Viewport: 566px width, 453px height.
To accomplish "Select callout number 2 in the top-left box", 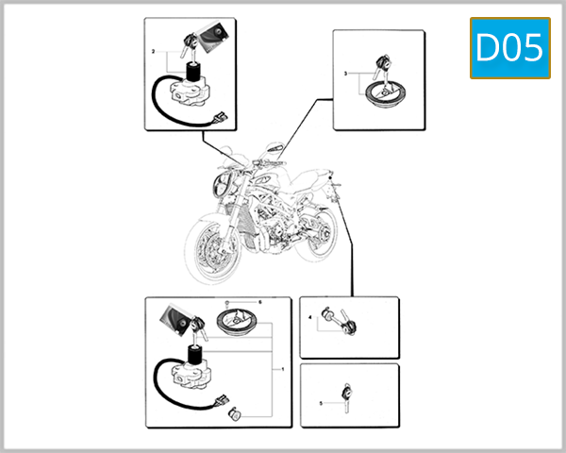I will (x=153, y=50).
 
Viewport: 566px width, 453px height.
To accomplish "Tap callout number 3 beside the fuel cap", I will (x=346, y=73).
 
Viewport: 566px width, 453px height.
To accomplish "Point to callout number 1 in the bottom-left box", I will (x=281, y=369).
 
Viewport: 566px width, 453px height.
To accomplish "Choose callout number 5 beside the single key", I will (x=322, y=403).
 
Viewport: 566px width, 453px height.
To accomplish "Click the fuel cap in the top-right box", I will (x=385, y=92).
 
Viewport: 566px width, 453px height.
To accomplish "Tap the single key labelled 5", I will (x=347, y=394).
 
